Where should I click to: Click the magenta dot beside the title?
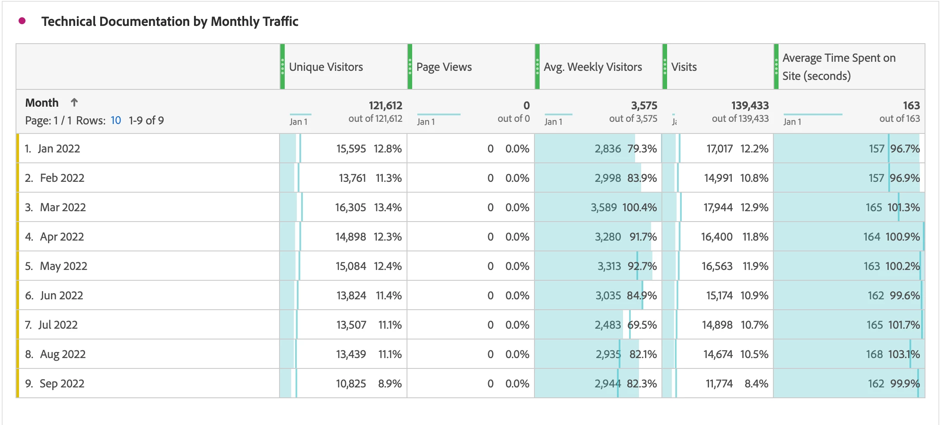(x=22, y=21)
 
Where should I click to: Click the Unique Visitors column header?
(x=326, y=67)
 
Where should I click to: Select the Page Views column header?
(x=444, y=67)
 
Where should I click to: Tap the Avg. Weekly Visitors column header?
(x=592, y=67)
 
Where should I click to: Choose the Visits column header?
(x=684, y=67)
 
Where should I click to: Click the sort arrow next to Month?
(x=74, y=102)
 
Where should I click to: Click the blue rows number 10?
(x=116, y=121)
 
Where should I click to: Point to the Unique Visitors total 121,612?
(x=385, y=105)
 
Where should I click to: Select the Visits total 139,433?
(x=750, y=105)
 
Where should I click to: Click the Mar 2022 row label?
(x=63, y=207)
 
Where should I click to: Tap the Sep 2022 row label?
(x=62, y=384)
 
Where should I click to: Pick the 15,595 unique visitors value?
(x=351, y=149)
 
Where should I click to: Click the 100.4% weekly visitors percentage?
(x=639, y=207)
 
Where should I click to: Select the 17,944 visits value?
(x=718, y=207)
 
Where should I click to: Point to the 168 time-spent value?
(x=874, y=354)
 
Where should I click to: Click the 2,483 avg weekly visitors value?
(x=607, y=325)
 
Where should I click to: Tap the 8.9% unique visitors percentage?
(x=390, y=384)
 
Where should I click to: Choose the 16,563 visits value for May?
(x=717, y=266)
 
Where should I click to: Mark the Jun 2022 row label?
(x=61, y=295)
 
